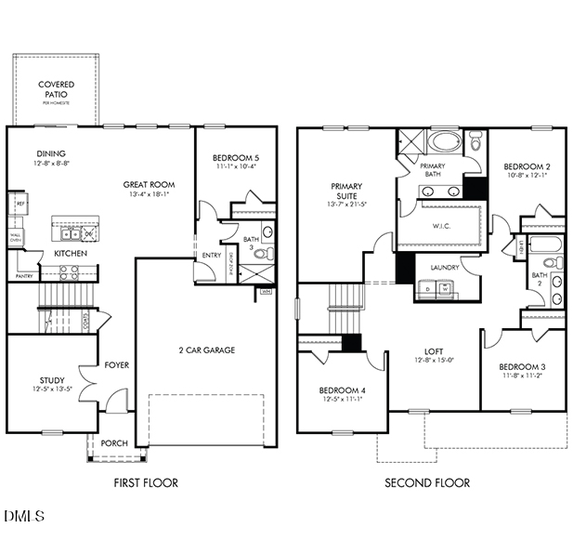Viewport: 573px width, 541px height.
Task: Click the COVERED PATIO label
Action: tap(56, 90)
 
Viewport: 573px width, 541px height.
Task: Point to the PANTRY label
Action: tap(25, 275)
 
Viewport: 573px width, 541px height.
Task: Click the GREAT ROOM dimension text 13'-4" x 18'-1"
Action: tap(149, 195)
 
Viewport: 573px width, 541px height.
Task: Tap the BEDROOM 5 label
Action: tap(235, 158)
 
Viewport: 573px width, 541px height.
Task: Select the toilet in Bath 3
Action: tap(264, 253)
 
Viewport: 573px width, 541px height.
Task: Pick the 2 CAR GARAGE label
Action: tap(206, 350)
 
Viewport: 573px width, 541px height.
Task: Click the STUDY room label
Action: tap(51, 379)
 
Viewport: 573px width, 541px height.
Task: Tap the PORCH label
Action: tap(113, 443)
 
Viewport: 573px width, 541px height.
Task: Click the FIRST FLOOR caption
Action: tap(145, 482)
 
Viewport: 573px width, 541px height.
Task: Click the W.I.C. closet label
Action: tap(442, 226)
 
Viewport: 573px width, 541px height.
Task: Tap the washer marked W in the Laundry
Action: tap(445, 289)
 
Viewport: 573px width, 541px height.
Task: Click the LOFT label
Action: tap(434, 350)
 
